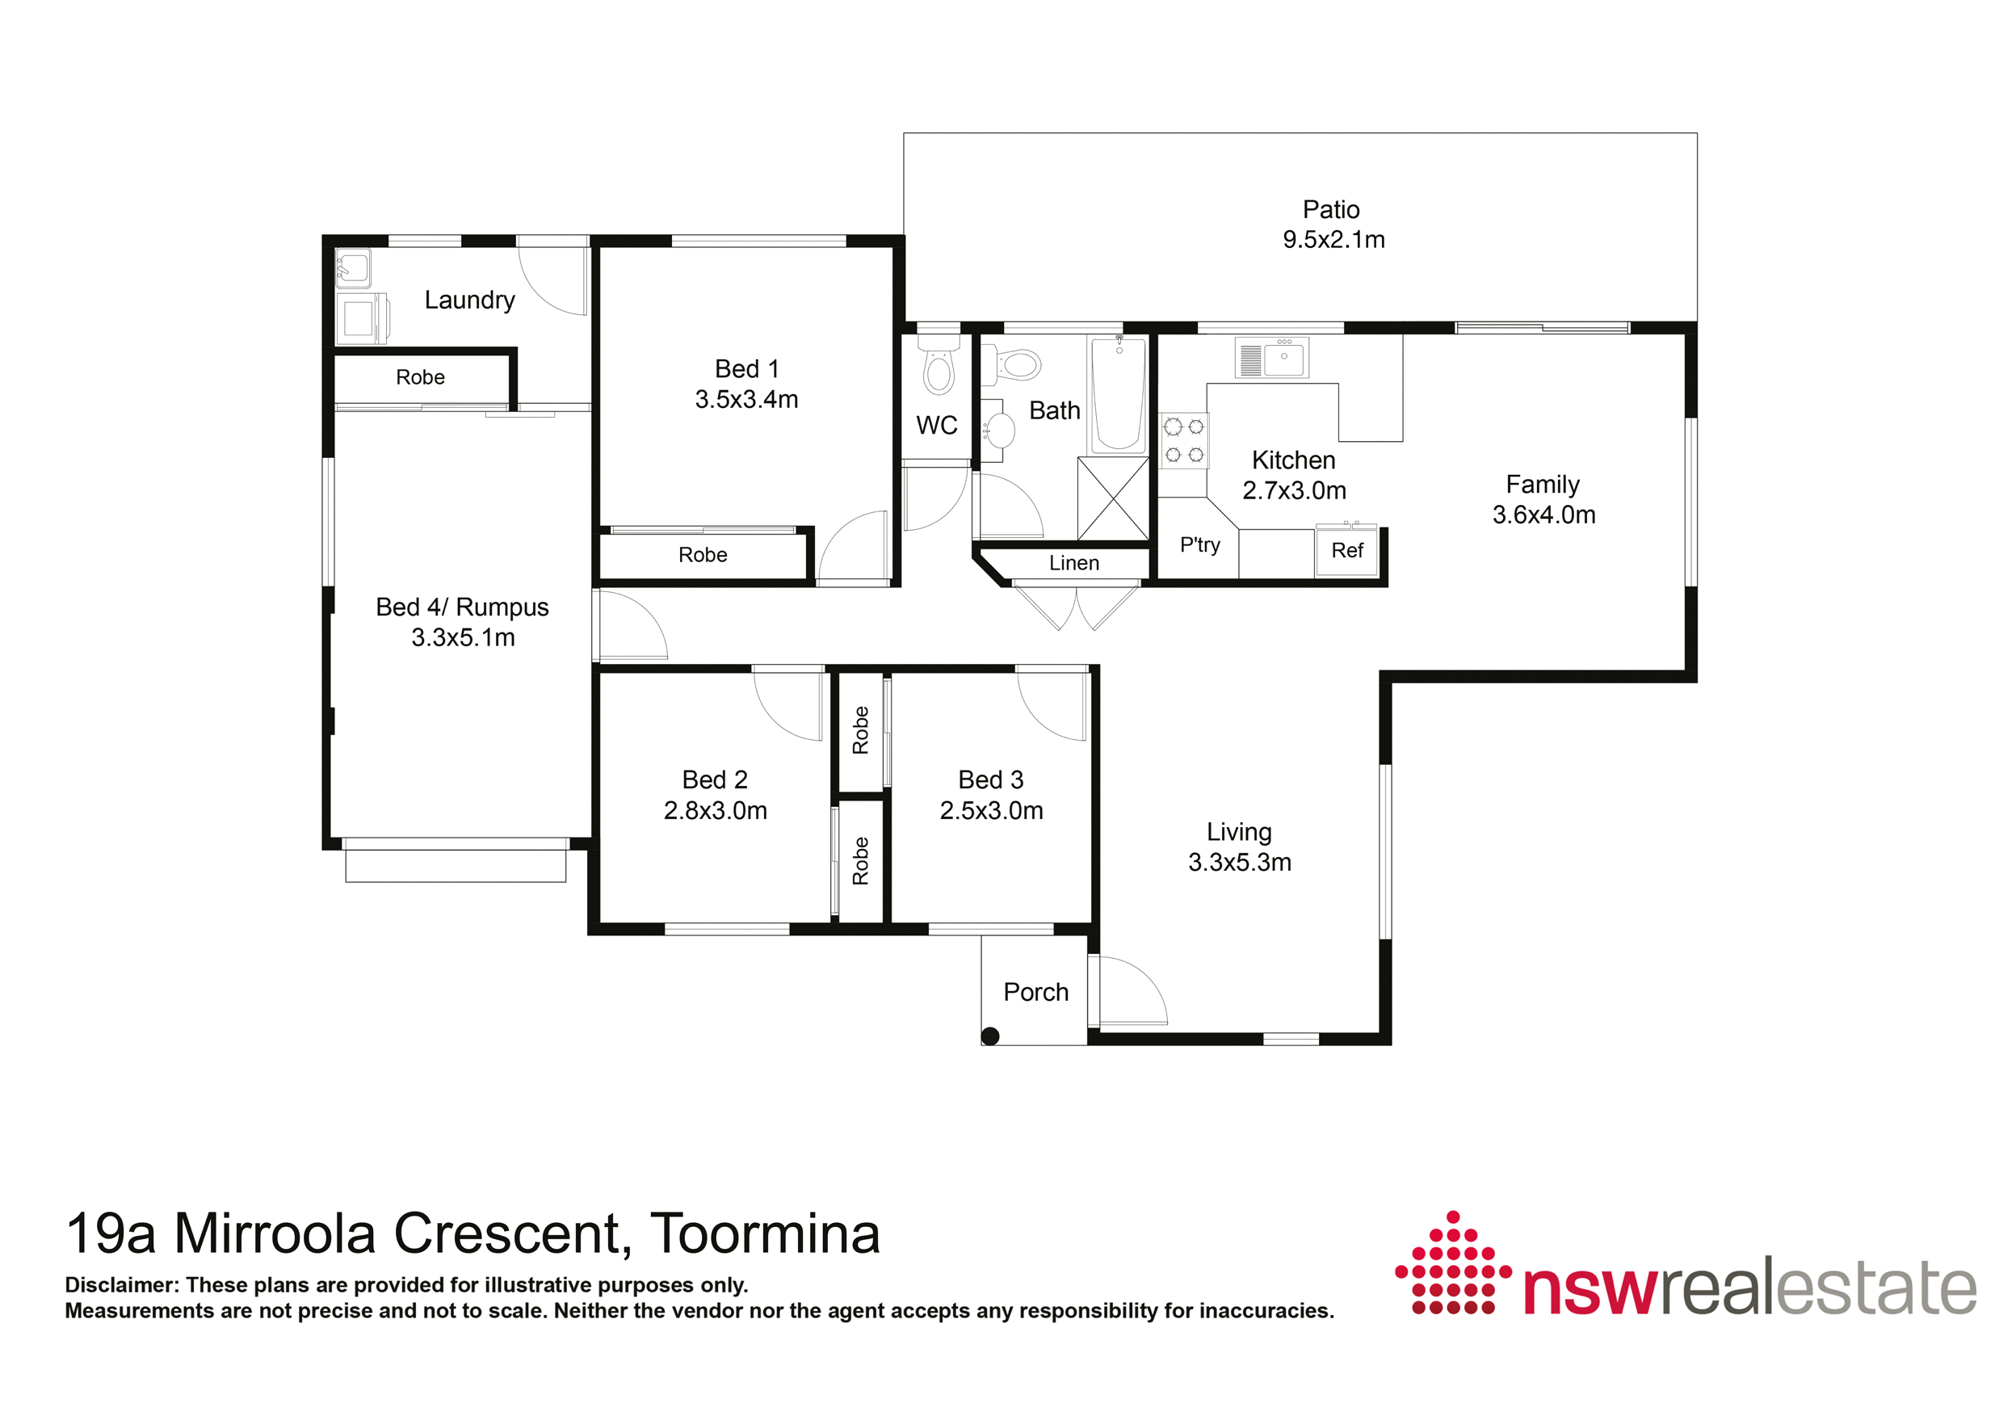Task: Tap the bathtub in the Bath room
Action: click(1119, 394)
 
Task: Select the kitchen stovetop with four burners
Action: click(1184, 440)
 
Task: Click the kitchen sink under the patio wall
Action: click(1272, 358)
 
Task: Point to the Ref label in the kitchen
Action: click(1347, 551)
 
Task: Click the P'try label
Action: click(1199, 545)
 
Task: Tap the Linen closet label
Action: click(1074, 564)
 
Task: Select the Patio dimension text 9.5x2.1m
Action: click(1333, 240)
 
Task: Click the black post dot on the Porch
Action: click(990, 1036)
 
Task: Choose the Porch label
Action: click(1035, 992)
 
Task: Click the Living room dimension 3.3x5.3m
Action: click(1240, 863)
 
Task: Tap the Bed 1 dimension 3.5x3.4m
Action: click(747, 400)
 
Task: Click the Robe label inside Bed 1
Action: click(703, 555)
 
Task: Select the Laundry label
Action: click(469, 300)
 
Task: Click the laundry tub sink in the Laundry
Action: click(353, 269)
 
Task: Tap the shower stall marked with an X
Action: click(1113, 499)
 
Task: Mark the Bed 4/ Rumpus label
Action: click(462, 607)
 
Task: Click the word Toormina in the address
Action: click(765, 1233)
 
